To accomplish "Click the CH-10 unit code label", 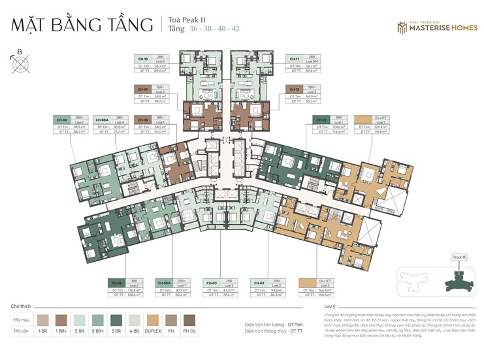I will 143,58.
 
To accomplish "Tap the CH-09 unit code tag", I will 143,88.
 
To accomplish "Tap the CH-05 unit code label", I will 118,283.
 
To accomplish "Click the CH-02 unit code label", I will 259,283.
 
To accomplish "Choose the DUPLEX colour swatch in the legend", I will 153,320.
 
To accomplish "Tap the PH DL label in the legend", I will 189,332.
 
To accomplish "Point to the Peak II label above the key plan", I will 459,257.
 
